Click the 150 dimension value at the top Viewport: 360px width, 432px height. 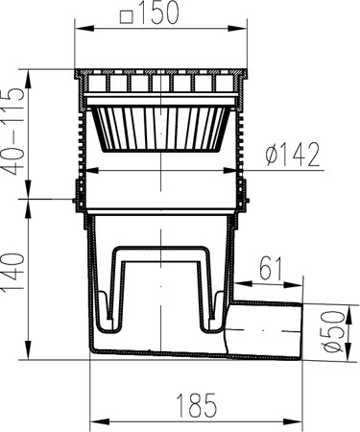click(x=158, y=12)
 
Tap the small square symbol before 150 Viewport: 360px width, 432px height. click(x=126, y=17)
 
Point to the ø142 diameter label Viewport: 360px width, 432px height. click(x=293, y=155)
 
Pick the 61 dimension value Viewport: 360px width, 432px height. click(x=271, y=268)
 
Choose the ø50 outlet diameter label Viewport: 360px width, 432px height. click(x=335, y=331)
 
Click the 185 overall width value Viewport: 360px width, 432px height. click(x=197, y=405)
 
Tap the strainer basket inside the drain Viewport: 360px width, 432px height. click(x=160, y=129)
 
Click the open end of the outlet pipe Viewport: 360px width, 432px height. click(x=302, y=331)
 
